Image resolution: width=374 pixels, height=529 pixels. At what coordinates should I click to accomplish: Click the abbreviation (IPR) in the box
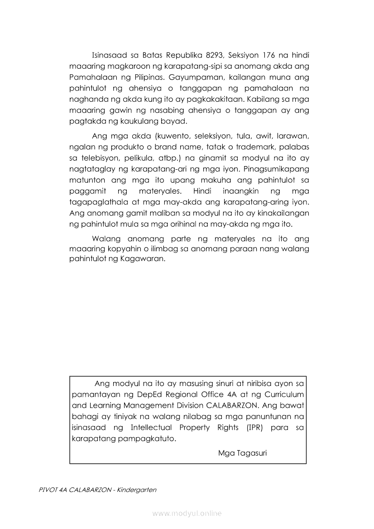pyautogui.click(x=255, y=428)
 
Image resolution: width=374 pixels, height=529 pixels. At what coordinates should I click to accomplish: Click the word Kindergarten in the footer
pyautogui.click(x=136, y=491)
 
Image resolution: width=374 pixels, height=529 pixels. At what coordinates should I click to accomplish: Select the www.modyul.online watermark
pyautogui.click(x=187, y=513)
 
